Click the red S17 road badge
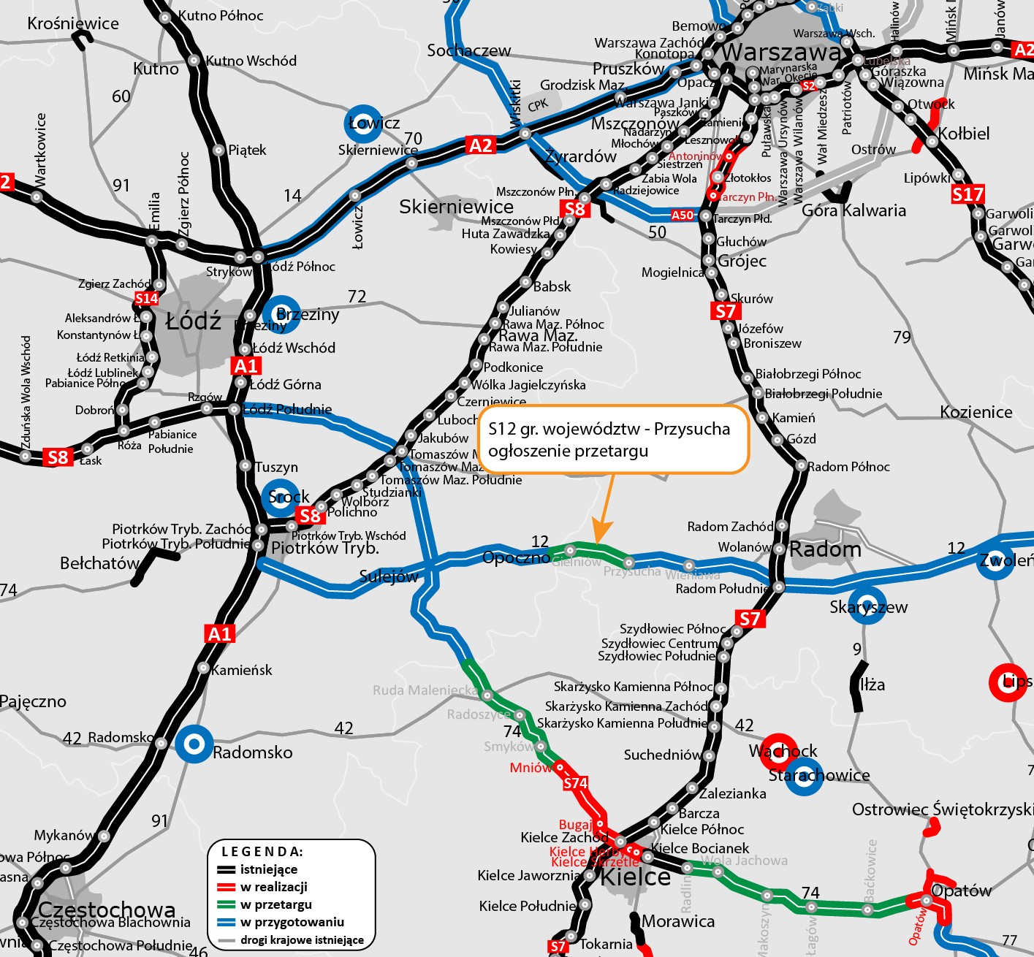pyautogui.click(x=968, y=194)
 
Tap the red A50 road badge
pyautogui.click(x=683, y=215)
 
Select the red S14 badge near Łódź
pyautogui.click(x=146, y=298)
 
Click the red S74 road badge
pyautogui.click(x=575, y=783)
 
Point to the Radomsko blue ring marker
pyautogui.click(x=194, y=744)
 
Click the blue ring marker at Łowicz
pyautogui.click(x=363, y=123)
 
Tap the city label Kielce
pyautogui.click(x=635, y=877)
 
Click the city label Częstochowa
pyautogui.click(x=107, y=910)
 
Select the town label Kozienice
pyautogui.click(x=976, y=412)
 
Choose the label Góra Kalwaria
pyautogui.click(x=854, y=210)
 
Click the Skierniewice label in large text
pyautogui.click(x=456, y=207)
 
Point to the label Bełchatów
pyautogui.click(x=99, y=563)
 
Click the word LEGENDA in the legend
pyautogui.click(x=262, y=852)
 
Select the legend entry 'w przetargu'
pyautogui.click(x=275, y=904)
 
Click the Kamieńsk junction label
pyautogui.click(x=241, y=670)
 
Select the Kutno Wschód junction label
pyautogui.click(x=251, y=61)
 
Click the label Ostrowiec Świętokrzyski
pyautogui.click(x=942, y=809)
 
